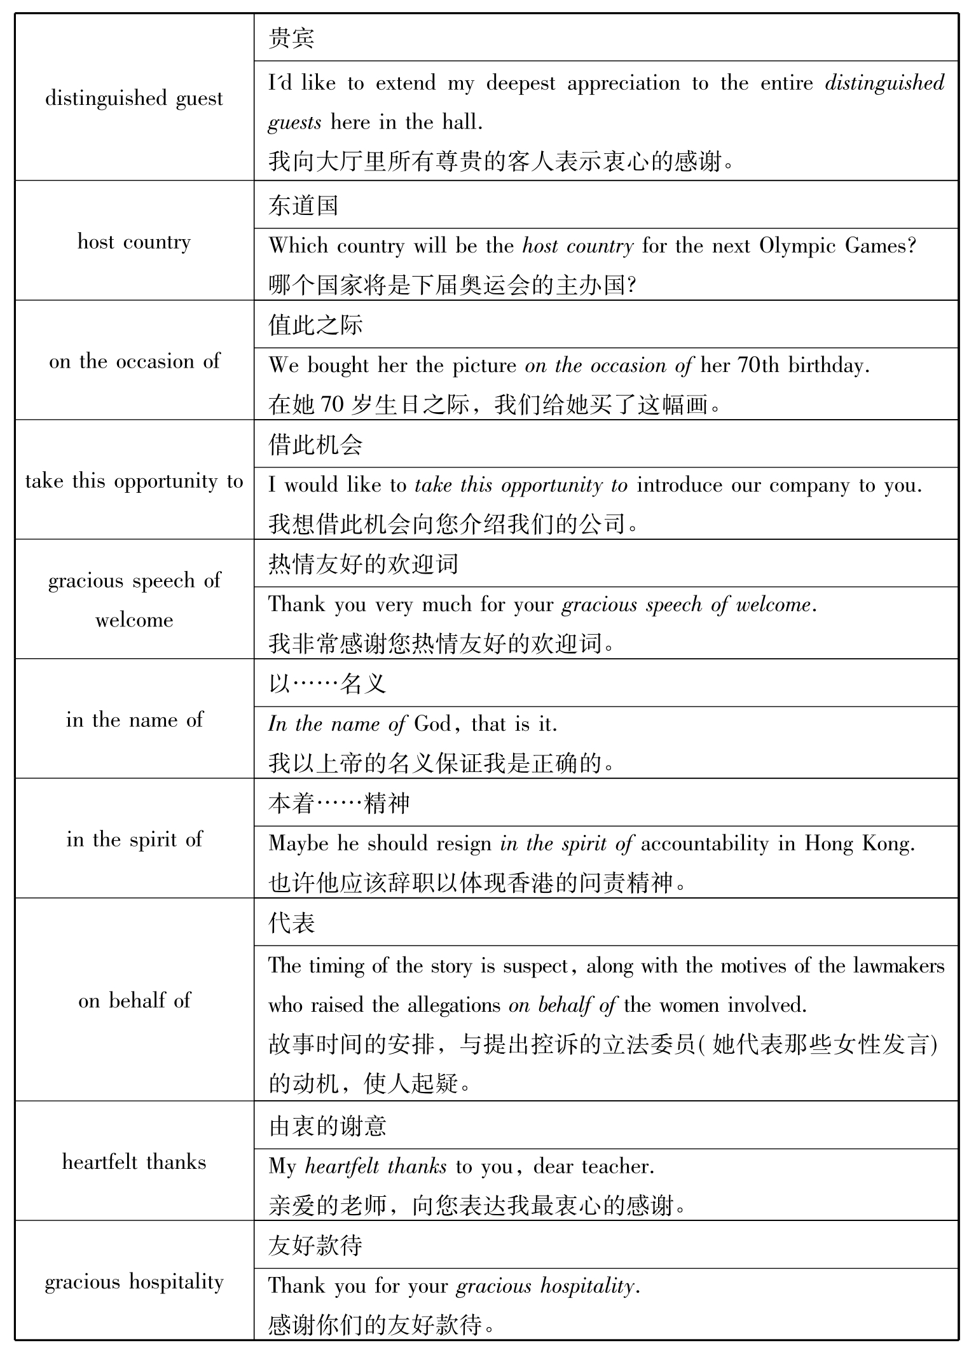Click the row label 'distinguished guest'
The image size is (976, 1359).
(134, 99)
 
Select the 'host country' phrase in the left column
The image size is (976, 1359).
(134, 242)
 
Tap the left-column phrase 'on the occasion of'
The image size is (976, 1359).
(134, 362)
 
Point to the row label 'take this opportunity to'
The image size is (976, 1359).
(134, 481)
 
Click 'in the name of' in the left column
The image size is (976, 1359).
(134, 720)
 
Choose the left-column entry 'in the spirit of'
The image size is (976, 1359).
(134, 839)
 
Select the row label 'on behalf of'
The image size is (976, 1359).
(134, 1000)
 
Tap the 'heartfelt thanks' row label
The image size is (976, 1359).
(134, 1162)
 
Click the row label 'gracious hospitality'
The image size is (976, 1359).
(134, 1282)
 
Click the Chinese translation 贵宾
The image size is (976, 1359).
(291, 38)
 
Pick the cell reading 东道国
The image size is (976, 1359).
(303, 205)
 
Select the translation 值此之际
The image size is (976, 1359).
(315, 325)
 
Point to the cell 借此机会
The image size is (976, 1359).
(315, 445)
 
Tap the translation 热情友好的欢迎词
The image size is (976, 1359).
(363, 564)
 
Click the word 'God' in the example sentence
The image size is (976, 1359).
(432, 724)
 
